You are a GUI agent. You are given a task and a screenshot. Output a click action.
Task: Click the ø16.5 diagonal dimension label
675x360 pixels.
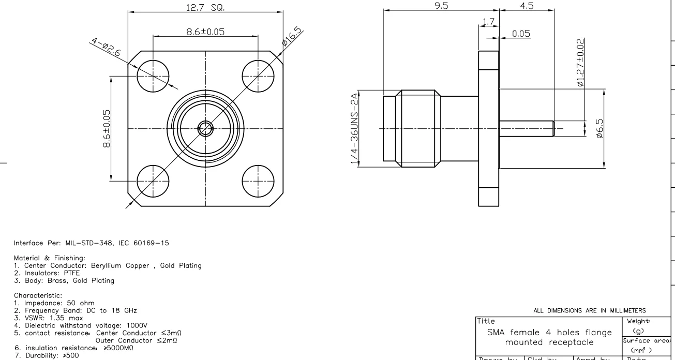tap(293, 37)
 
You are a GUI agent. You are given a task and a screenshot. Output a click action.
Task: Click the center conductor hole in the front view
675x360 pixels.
tap(205, 129)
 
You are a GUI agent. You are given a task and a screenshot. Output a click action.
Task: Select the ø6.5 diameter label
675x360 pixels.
tap(599, 129)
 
